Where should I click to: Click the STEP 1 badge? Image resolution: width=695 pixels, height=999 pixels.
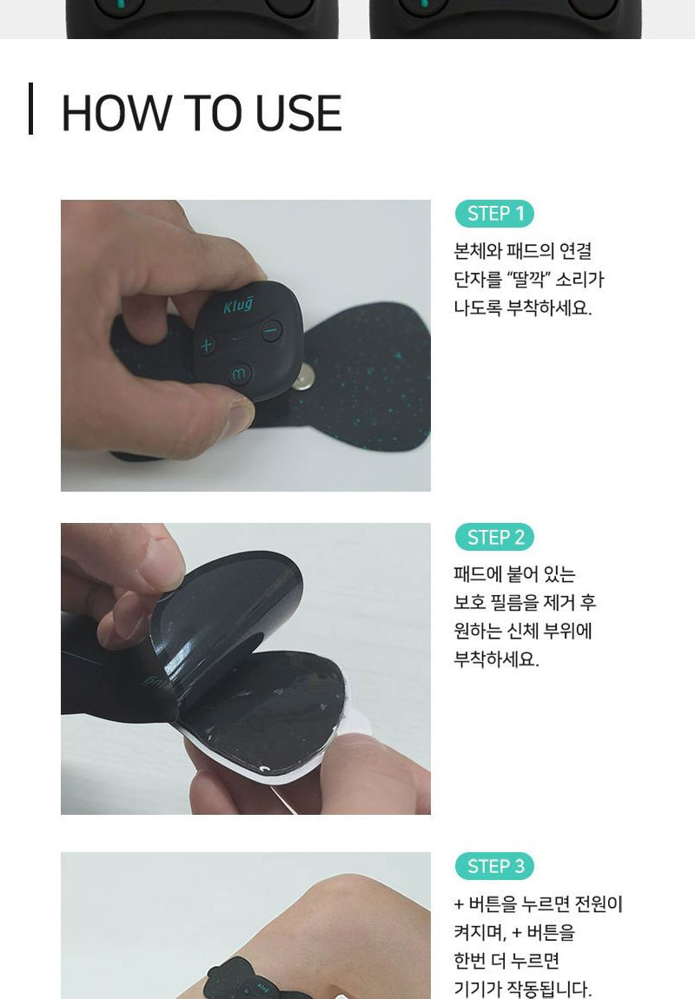coord(494,214)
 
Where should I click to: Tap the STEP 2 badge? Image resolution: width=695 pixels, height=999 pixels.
coord(494,537)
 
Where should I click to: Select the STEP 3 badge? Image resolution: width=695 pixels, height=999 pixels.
coord(494,866)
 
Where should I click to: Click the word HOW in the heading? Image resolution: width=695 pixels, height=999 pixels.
coord(116,114)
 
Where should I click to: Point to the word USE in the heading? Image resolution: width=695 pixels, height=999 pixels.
coord(298,114)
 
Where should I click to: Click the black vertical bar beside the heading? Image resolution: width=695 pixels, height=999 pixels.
coord(30,109)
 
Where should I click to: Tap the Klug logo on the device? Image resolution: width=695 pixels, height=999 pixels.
coord(238,305)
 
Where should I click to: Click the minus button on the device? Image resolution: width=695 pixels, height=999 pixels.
coord(272,331)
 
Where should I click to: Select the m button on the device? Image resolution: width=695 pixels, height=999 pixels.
coord(240,374)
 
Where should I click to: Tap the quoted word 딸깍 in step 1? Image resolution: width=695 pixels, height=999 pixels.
coord(527,279)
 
